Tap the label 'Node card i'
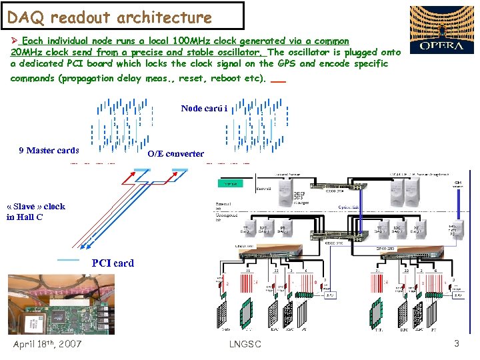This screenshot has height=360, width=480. pyautogui.click(x=204, y=108)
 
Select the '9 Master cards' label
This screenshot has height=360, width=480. pyautogui.click(x=49, y=150)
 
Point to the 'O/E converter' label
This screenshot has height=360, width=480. pyautogui.click(x=175, y=153)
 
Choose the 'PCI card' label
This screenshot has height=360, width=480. pyautogui.click(x=113, y=263)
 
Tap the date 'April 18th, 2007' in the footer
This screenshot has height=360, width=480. pyautogui.click(x=47, y=344)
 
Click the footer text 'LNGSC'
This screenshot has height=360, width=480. pyautogui.click(x=245, y=344)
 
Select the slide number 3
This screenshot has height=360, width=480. pyautogui.click(x=457, y=343)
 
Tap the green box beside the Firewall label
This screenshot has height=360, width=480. pyautogui.click(x=231, y=184)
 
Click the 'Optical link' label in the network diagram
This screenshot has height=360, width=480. pyautogui.click(x=349, y=207)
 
